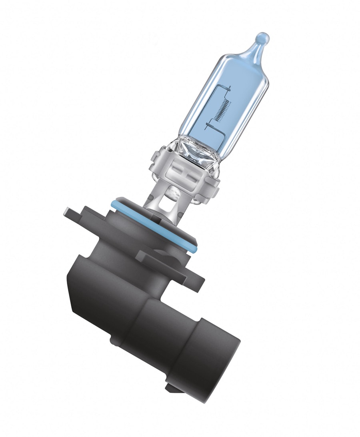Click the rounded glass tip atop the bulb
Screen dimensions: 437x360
pos(262,38)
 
